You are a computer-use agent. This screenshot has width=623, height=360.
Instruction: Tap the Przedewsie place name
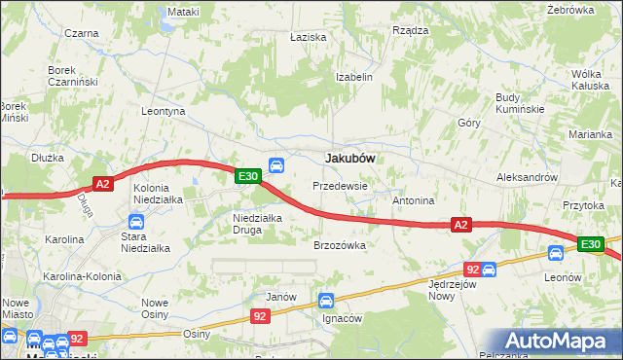[340, 185]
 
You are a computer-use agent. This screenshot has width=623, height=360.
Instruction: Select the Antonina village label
[412, 200]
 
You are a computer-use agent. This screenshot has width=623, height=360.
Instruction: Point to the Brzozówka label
[339, 246]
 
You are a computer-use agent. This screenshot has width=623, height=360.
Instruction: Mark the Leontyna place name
[163, 112]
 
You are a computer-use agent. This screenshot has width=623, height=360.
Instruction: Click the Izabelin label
[354, 77]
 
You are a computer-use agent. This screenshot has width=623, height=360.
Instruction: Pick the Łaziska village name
[308, 37]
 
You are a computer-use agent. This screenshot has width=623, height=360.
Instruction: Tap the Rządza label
[410, 30]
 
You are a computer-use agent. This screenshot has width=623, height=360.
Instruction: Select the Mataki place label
[182, 12]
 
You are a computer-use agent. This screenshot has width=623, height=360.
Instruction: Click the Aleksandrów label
[526, 178]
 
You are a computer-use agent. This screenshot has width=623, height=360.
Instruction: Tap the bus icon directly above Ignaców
[326, 302]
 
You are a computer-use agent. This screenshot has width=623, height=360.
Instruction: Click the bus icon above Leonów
[555, 253]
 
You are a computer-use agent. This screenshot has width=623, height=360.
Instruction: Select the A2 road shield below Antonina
[461, 225]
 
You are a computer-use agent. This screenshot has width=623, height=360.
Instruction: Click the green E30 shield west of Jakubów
[246, 176]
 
